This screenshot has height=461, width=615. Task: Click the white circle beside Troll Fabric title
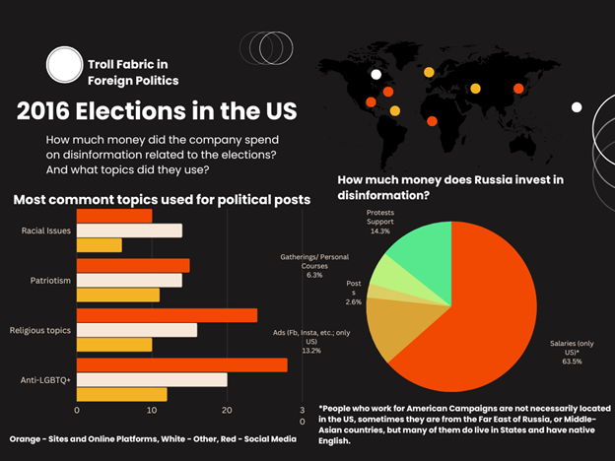tap(64, 65)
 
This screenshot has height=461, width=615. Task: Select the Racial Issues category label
tap(45, 230)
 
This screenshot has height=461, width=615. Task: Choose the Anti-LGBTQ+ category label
tap(45, 379)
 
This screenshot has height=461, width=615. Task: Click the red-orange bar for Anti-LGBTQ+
tap(182, 364)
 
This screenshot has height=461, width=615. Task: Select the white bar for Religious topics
tap(137, 330)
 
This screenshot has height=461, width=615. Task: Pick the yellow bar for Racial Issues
tap(100, 245)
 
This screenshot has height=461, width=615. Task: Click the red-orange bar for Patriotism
tap(133, 265)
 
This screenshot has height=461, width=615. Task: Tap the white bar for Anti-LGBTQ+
tap(152, 379)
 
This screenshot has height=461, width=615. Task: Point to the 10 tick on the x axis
tap(152, 410)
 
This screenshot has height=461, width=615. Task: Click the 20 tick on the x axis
tap(227, 410)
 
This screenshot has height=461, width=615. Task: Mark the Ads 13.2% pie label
tap(310, 338)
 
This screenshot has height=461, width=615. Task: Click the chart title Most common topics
tap(162, 200)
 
